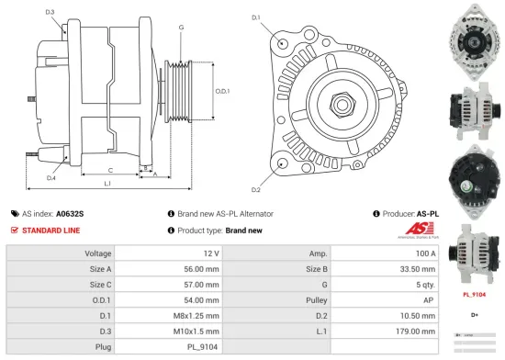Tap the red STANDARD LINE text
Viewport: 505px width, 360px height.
coord(50,230)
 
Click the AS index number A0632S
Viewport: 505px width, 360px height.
coord(70,213)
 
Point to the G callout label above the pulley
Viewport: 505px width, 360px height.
coord(182,28)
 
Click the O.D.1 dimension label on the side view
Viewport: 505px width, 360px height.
coord(221,91)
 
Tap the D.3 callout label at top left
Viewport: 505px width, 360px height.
coord(50,12)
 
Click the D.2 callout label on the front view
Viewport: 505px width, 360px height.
coord(255,190)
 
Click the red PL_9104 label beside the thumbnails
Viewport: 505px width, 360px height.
coord(474,296)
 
